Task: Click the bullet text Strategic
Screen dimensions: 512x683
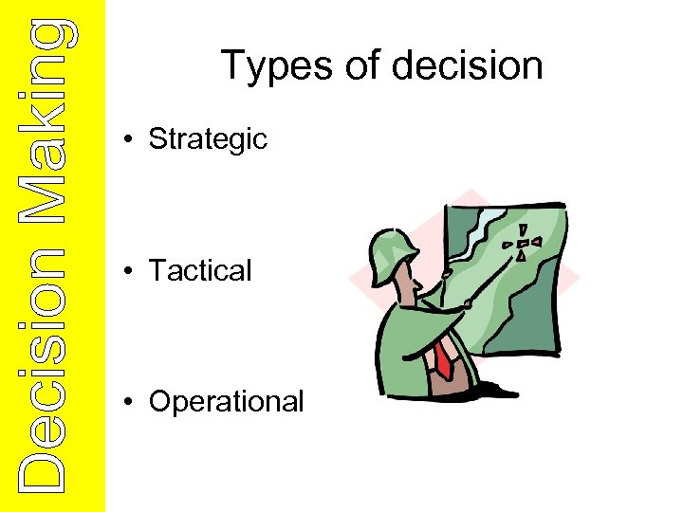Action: coord(208,139)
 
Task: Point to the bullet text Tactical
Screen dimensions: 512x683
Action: coord(200,270)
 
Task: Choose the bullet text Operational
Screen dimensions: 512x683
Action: coord(226,401)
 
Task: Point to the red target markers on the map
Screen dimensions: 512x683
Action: coord(524,244)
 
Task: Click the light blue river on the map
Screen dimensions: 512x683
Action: coord(480,228)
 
